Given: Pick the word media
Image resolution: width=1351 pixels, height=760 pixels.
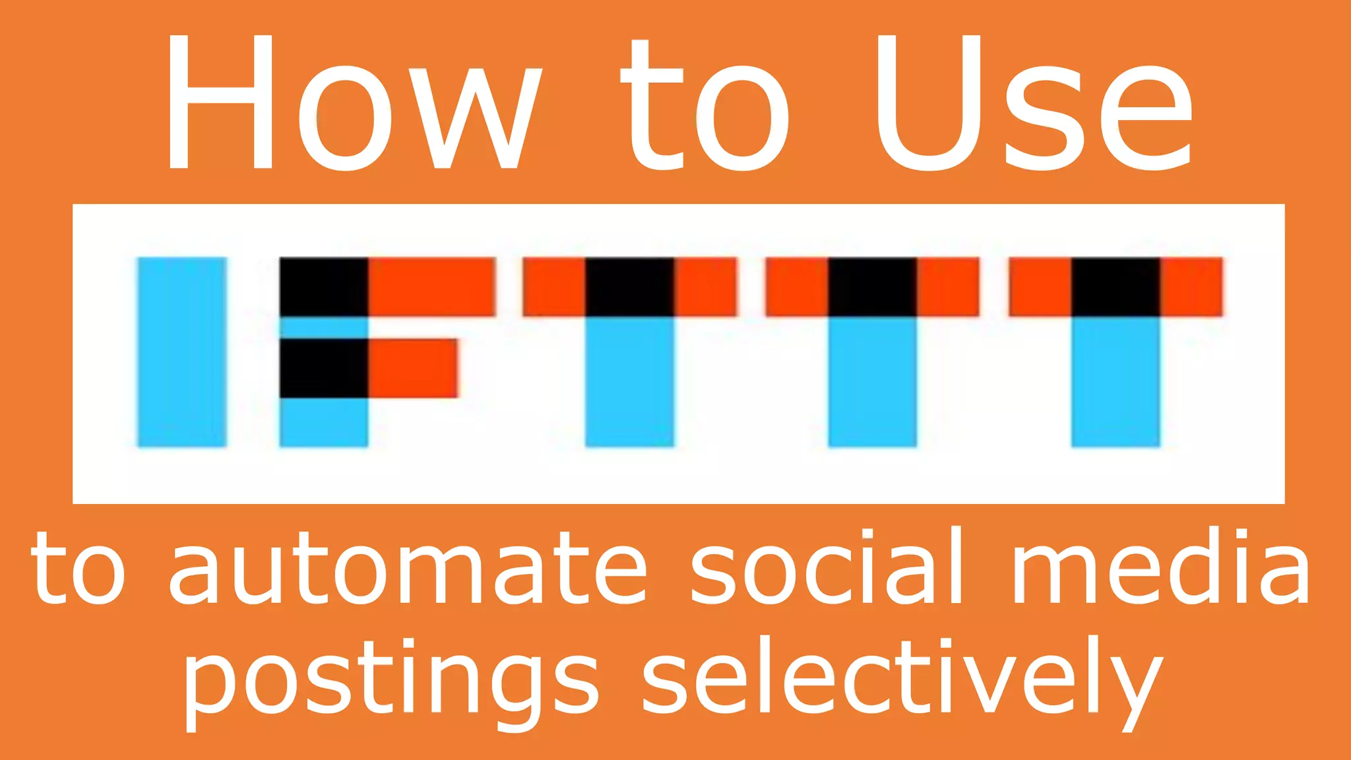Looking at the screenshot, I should click(x=1161, y=567).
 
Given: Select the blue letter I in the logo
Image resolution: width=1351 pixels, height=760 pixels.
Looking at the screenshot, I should click(x=182, y=352).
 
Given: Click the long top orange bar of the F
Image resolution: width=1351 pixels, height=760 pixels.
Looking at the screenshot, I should click(x=431, y=287).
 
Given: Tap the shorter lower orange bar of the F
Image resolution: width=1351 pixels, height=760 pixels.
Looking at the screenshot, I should click(x=412, y=368).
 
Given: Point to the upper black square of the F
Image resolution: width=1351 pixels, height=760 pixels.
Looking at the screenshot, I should click(x=324, y=287).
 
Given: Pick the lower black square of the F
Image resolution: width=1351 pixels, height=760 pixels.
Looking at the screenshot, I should click(x=324, y=368).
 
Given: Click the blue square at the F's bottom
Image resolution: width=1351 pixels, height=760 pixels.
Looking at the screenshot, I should click(x=324, y=422).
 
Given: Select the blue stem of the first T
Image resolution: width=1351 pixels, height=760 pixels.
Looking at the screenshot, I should click(x=630, y=381).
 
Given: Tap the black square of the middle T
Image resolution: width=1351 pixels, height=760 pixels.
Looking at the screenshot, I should click(x=873, y=287).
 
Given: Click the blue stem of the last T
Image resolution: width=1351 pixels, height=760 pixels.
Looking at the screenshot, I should click(x=1115, y=381).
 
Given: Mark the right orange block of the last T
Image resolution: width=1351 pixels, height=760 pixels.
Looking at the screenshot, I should click(x=1191, y=287).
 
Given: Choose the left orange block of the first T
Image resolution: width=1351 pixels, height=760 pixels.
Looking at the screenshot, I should click(x=554, y=287).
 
